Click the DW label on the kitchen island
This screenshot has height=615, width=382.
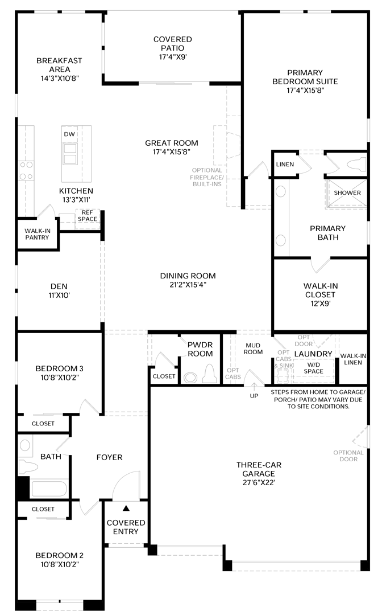pos(69,134)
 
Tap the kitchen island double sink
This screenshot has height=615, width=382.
pos(70,154)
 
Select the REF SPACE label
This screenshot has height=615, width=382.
pos(88,216)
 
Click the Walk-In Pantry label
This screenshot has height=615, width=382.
pos(37,234)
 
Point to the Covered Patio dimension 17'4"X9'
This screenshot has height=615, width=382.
pos(173,57)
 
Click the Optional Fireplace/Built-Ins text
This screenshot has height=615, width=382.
pos(207,177)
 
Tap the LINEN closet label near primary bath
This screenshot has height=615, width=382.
pos(285,165)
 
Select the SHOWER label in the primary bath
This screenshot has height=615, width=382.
pos(347,193)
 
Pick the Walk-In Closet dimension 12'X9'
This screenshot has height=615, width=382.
pos(321,304)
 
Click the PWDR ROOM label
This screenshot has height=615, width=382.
pos(200,349)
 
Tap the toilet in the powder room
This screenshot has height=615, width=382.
pos(210,374)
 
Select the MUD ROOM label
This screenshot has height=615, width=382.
pos(253,348)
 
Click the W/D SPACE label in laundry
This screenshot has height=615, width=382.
pos(314,368)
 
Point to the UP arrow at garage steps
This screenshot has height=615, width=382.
pos(254,386)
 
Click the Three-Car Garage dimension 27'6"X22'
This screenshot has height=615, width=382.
pos(259,483)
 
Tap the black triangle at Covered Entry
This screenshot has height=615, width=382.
pos(126,509)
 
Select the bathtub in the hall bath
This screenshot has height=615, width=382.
pos(49,489)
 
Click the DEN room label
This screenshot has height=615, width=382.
pos(59,286)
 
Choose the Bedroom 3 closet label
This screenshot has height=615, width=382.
pos(43,424)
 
